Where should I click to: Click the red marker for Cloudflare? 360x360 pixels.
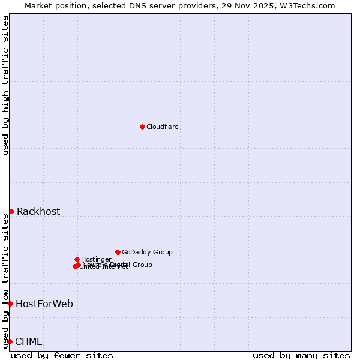tap(142, 127)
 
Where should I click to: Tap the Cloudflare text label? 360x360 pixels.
tap(163, 127)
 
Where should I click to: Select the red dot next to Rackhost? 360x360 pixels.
tap(11, 211)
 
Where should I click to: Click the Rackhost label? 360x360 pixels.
tap(38, 211)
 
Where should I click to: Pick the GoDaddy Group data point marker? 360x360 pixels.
tap(118, 252)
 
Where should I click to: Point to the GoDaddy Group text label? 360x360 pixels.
tap(147, 252)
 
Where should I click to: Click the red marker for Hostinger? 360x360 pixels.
tap(77, 259)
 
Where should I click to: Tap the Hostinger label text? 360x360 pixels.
tap(96, 259)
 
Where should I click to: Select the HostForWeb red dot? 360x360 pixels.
tap(10, 304)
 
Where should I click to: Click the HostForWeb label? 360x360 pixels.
tap(44, 304)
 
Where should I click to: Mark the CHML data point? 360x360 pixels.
tap(10, 341)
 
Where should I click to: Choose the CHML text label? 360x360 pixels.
tap(29, 341)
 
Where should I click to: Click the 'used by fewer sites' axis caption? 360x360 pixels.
tap(62, 355)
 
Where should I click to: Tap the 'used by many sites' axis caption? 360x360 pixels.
tap(301, 355)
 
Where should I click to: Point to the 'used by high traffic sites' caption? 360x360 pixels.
tap(5, 85)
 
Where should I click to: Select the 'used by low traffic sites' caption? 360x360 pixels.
tap(5, 281)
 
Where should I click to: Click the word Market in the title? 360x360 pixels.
tap(38, 5)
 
